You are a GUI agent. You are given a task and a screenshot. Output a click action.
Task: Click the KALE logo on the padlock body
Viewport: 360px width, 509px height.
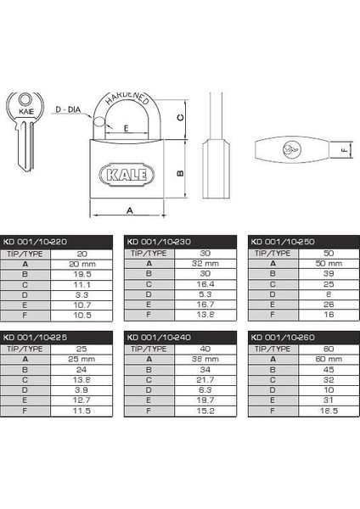127,175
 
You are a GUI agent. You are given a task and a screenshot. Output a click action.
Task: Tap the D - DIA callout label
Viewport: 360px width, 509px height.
68,109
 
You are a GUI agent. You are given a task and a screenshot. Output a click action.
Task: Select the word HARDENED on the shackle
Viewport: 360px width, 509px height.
127,98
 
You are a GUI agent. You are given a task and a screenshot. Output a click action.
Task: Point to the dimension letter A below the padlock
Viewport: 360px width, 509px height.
130,210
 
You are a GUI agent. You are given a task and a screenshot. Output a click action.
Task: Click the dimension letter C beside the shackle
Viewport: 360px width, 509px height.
181,118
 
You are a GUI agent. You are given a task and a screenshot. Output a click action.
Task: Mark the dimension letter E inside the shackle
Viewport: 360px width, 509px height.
126,128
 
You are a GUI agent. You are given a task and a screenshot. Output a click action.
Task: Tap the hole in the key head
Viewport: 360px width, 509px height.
25,99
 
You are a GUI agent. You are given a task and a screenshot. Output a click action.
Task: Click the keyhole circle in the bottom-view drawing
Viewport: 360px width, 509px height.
292,150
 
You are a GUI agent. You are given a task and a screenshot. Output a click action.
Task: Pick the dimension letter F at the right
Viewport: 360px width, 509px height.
344,150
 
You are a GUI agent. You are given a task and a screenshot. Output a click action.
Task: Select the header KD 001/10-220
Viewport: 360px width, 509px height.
35,242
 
